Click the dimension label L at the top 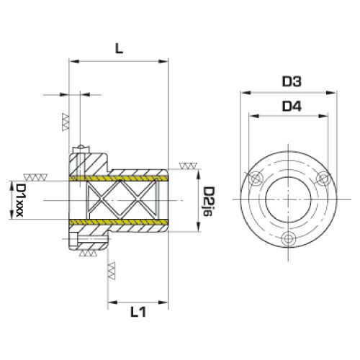[x=119, y=49]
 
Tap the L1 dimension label [x=138, y=312]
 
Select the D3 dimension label [x=292, y=81]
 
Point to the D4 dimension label [x=292, y=107]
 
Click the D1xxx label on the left [x=19, y=200]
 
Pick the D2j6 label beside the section [x=208, y=202]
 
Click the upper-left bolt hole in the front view [x=255, y=179]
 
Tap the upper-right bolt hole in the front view [x=322, y=178]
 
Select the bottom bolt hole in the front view [x=288, y=238]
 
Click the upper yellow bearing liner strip [x=119, y=179]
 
